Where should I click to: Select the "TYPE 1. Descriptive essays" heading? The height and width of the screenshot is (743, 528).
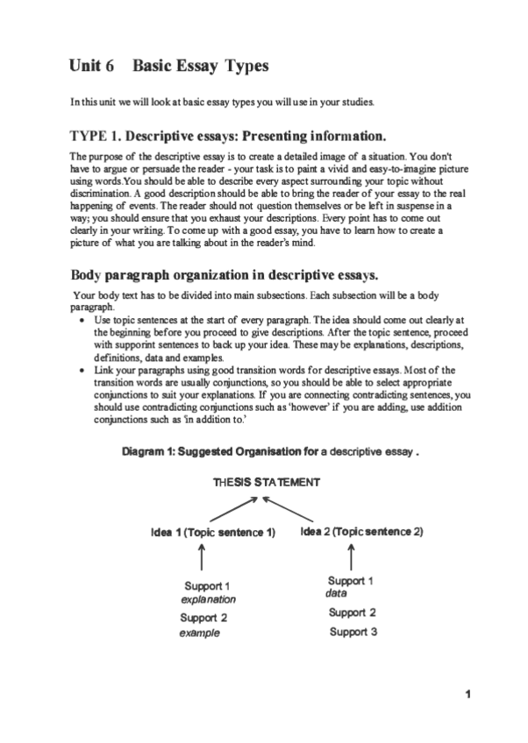[x=227, y=137]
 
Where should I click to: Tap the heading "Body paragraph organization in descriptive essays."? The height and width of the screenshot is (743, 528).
[x=224, y=274]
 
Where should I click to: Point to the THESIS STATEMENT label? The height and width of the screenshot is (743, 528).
[x=266, y=482]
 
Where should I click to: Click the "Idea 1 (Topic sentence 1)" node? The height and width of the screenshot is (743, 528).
[x=212, y=532]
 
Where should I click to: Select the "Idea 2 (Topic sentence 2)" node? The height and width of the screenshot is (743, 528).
[x=361, y=531]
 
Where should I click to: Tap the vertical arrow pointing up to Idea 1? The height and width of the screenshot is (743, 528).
[x=203, y=555]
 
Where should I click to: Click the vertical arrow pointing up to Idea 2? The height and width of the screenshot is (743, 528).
[x=351, y=555]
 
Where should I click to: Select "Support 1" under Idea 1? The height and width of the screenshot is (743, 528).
[x=207, y=585]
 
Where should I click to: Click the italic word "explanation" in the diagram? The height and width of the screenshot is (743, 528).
[x=208, y=600]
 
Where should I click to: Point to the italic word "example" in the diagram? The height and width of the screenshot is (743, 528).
[x=200, y=632]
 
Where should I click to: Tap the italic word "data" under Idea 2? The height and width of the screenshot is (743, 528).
[x=336, y=593]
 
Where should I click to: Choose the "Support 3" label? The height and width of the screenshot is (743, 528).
[x=353, y=631]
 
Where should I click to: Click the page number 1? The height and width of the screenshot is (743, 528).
[x=469, y=695]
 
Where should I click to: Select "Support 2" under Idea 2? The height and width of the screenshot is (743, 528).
[x=353, y=612]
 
